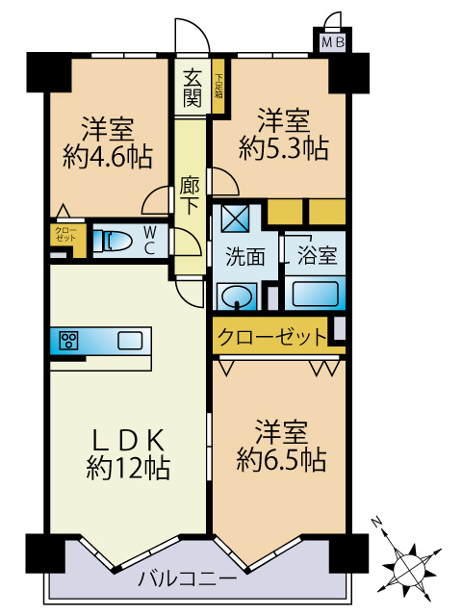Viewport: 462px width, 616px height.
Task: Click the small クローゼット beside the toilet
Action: [65, 237]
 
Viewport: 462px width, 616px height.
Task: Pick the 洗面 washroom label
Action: [245, 257]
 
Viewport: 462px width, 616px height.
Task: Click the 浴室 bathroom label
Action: [316, 257]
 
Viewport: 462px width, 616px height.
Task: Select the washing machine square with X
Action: [234, 218]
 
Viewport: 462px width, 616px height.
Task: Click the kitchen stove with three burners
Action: [68, 339]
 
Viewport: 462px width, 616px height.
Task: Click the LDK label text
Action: [128, 440]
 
